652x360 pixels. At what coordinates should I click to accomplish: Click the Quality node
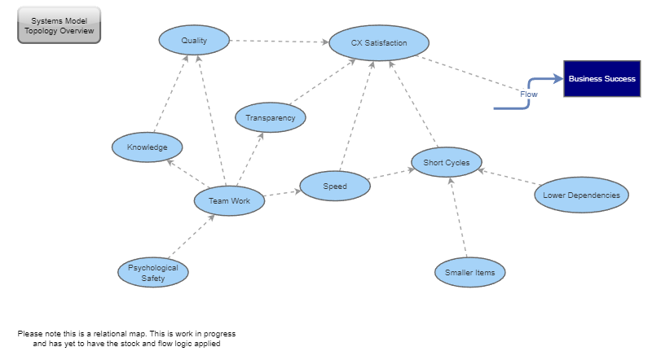click(194, 40)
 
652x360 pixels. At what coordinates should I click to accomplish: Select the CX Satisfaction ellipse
click(379, 42)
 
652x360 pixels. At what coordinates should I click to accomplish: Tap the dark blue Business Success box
click(601, 79)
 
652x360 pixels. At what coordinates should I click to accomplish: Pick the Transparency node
click(271, 118)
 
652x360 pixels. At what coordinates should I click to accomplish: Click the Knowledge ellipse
click(148, 147)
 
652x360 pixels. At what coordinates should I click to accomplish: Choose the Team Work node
click(229, 200)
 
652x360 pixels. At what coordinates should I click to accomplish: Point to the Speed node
click(335, 187)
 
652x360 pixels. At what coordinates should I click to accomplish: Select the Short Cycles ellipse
click(446, 163)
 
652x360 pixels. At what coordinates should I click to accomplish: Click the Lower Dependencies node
click(581, 195)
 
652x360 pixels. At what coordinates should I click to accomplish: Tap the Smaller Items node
click(469, 272)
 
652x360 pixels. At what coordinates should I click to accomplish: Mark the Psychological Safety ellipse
click(153, 273)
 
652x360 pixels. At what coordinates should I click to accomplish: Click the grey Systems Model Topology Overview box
click(59, 25)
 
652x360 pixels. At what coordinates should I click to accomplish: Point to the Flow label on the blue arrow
click(529, 94)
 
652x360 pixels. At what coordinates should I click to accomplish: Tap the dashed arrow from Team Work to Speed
click(282, 194)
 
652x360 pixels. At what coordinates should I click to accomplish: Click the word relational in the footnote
click(123, 334)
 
